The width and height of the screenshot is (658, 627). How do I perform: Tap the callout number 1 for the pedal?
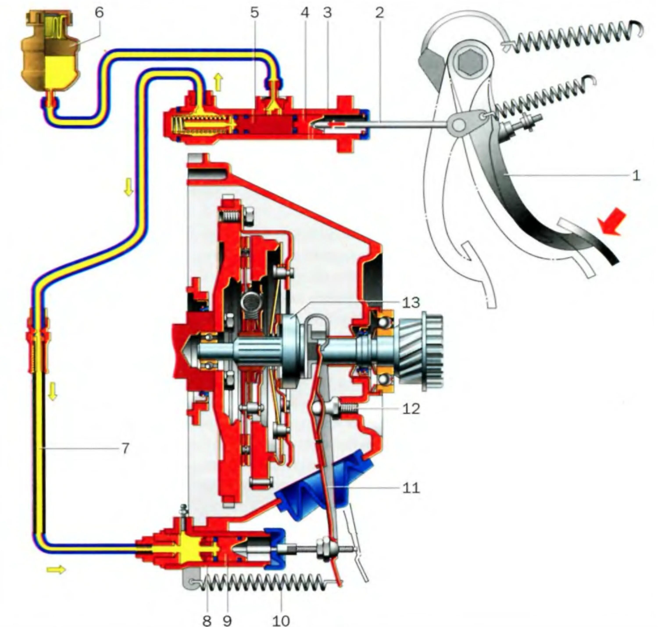(x=636, y=175)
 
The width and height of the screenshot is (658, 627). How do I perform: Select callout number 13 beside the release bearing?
(x=411, y=303)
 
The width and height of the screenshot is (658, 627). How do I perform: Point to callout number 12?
(x=411, y=408)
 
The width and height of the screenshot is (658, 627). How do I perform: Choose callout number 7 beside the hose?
(x=125, y=448)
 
